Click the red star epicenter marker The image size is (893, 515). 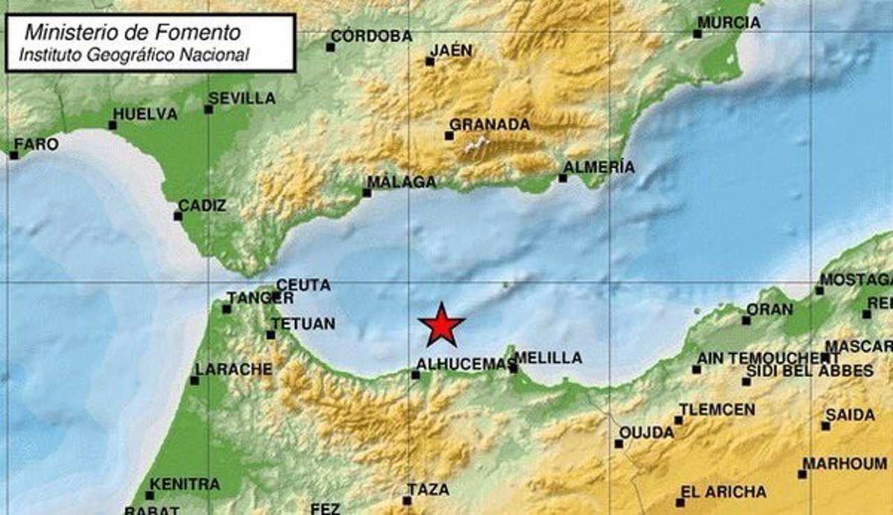pos(442,325)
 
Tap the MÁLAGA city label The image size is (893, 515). pos(401,182)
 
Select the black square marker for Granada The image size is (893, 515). pos(449,135)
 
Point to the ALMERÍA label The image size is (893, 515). pos(599,167)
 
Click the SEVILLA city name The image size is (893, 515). pos(241,98)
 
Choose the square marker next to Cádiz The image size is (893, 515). pos(178,216)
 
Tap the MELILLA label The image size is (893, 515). pos(548,358)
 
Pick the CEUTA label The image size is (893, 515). pos(303,285)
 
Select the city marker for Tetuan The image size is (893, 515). pos(271,335)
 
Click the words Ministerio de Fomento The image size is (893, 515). pos(133,32)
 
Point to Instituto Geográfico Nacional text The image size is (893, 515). pos(134,54)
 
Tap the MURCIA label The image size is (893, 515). pos(728,22)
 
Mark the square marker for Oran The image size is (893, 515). pos(746,320)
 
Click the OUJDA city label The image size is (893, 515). pos(646,433)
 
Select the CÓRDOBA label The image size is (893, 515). pos(371,36)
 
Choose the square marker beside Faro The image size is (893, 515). pos(14,155)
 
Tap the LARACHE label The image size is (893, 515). pos(234,369)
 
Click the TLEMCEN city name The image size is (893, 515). pos(716,410)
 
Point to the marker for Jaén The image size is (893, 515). pos(430,61)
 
